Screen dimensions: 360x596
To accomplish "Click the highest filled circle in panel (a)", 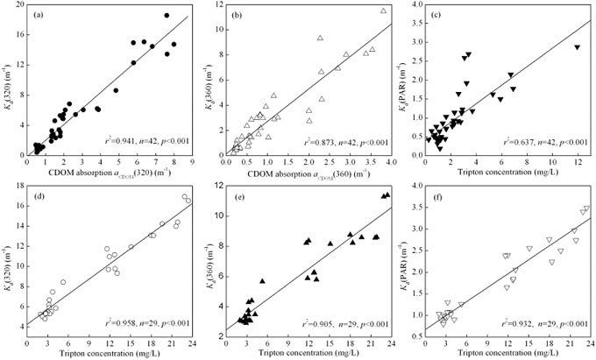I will pyautogui.click(x=167, y=16).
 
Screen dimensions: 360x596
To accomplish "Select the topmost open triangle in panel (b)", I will pyautogui.click(x=383, y=11).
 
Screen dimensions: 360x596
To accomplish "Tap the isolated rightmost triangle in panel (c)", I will pyautogui.click(x=577, y=47).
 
